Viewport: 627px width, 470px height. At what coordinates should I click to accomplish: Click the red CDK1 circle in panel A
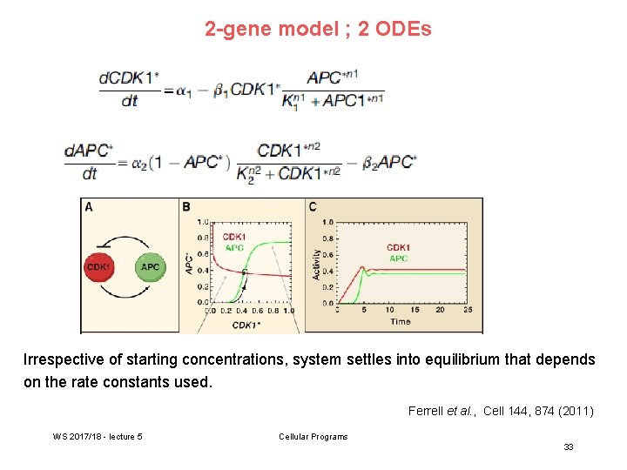(98, 266)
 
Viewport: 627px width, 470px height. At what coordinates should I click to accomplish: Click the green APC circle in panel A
(150, 266)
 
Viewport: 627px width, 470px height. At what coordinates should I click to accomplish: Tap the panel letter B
(186, 206)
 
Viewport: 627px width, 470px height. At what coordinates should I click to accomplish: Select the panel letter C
(313, 206)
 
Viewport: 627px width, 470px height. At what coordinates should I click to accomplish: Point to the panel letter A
(88, 206)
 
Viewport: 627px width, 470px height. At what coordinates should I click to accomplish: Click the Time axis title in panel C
(401, 321)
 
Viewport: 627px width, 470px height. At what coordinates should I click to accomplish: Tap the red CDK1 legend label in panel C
(399, 247)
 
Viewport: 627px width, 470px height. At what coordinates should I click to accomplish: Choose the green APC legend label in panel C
(398, 258)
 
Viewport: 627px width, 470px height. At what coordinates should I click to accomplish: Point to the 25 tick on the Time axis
(469, 310)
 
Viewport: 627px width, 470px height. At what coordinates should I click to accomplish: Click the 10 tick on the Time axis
(389, 310)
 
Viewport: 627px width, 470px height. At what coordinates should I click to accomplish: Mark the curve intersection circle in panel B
(245, 272)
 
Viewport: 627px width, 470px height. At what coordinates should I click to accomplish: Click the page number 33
(568, 446)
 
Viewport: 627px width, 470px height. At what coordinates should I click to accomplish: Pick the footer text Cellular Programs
(313, 436)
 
